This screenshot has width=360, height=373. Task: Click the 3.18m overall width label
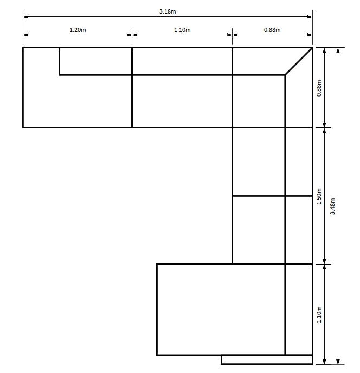click(167, 11)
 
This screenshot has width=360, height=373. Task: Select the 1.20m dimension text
click(78, 30)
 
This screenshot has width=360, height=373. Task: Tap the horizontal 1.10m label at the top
click(182, 30)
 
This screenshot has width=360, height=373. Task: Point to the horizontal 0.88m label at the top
click(272, 30)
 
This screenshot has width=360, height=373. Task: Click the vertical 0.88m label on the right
click(319, 88)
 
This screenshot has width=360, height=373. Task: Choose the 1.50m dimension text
click(319, 196)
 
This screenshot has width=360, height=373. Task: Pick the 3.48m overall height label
click(332, 206)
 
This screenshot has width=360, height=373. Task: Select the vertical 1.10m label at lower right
click(319, 314)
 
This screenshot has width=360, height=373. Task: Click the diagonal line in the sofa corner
click(299, 61)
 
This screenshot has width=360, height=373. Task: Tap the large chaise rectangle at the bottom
click(221, 310)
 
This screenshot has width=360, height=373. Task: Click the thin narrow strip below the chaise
click(267, 359)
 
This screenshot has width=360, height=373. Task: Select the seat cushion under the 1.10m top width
click(182, 101)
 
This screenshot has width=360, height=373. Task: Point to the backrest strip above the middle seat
click(182, 61)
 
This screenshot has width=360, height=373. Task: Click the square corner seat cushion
click(259, 101)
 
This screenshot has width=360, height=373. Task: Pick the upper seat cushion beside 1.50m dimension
click(259, 162)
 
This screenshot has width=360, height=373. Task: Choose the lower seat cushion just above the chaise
click(259, 230)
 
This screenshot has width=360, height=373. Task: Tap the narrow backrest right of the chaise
click(299, 310)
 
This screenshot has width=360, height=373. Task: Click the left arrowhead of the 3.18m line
click(25, 17)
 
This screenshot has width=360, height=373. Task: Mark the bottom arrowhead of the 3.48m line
click(338, 362)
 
